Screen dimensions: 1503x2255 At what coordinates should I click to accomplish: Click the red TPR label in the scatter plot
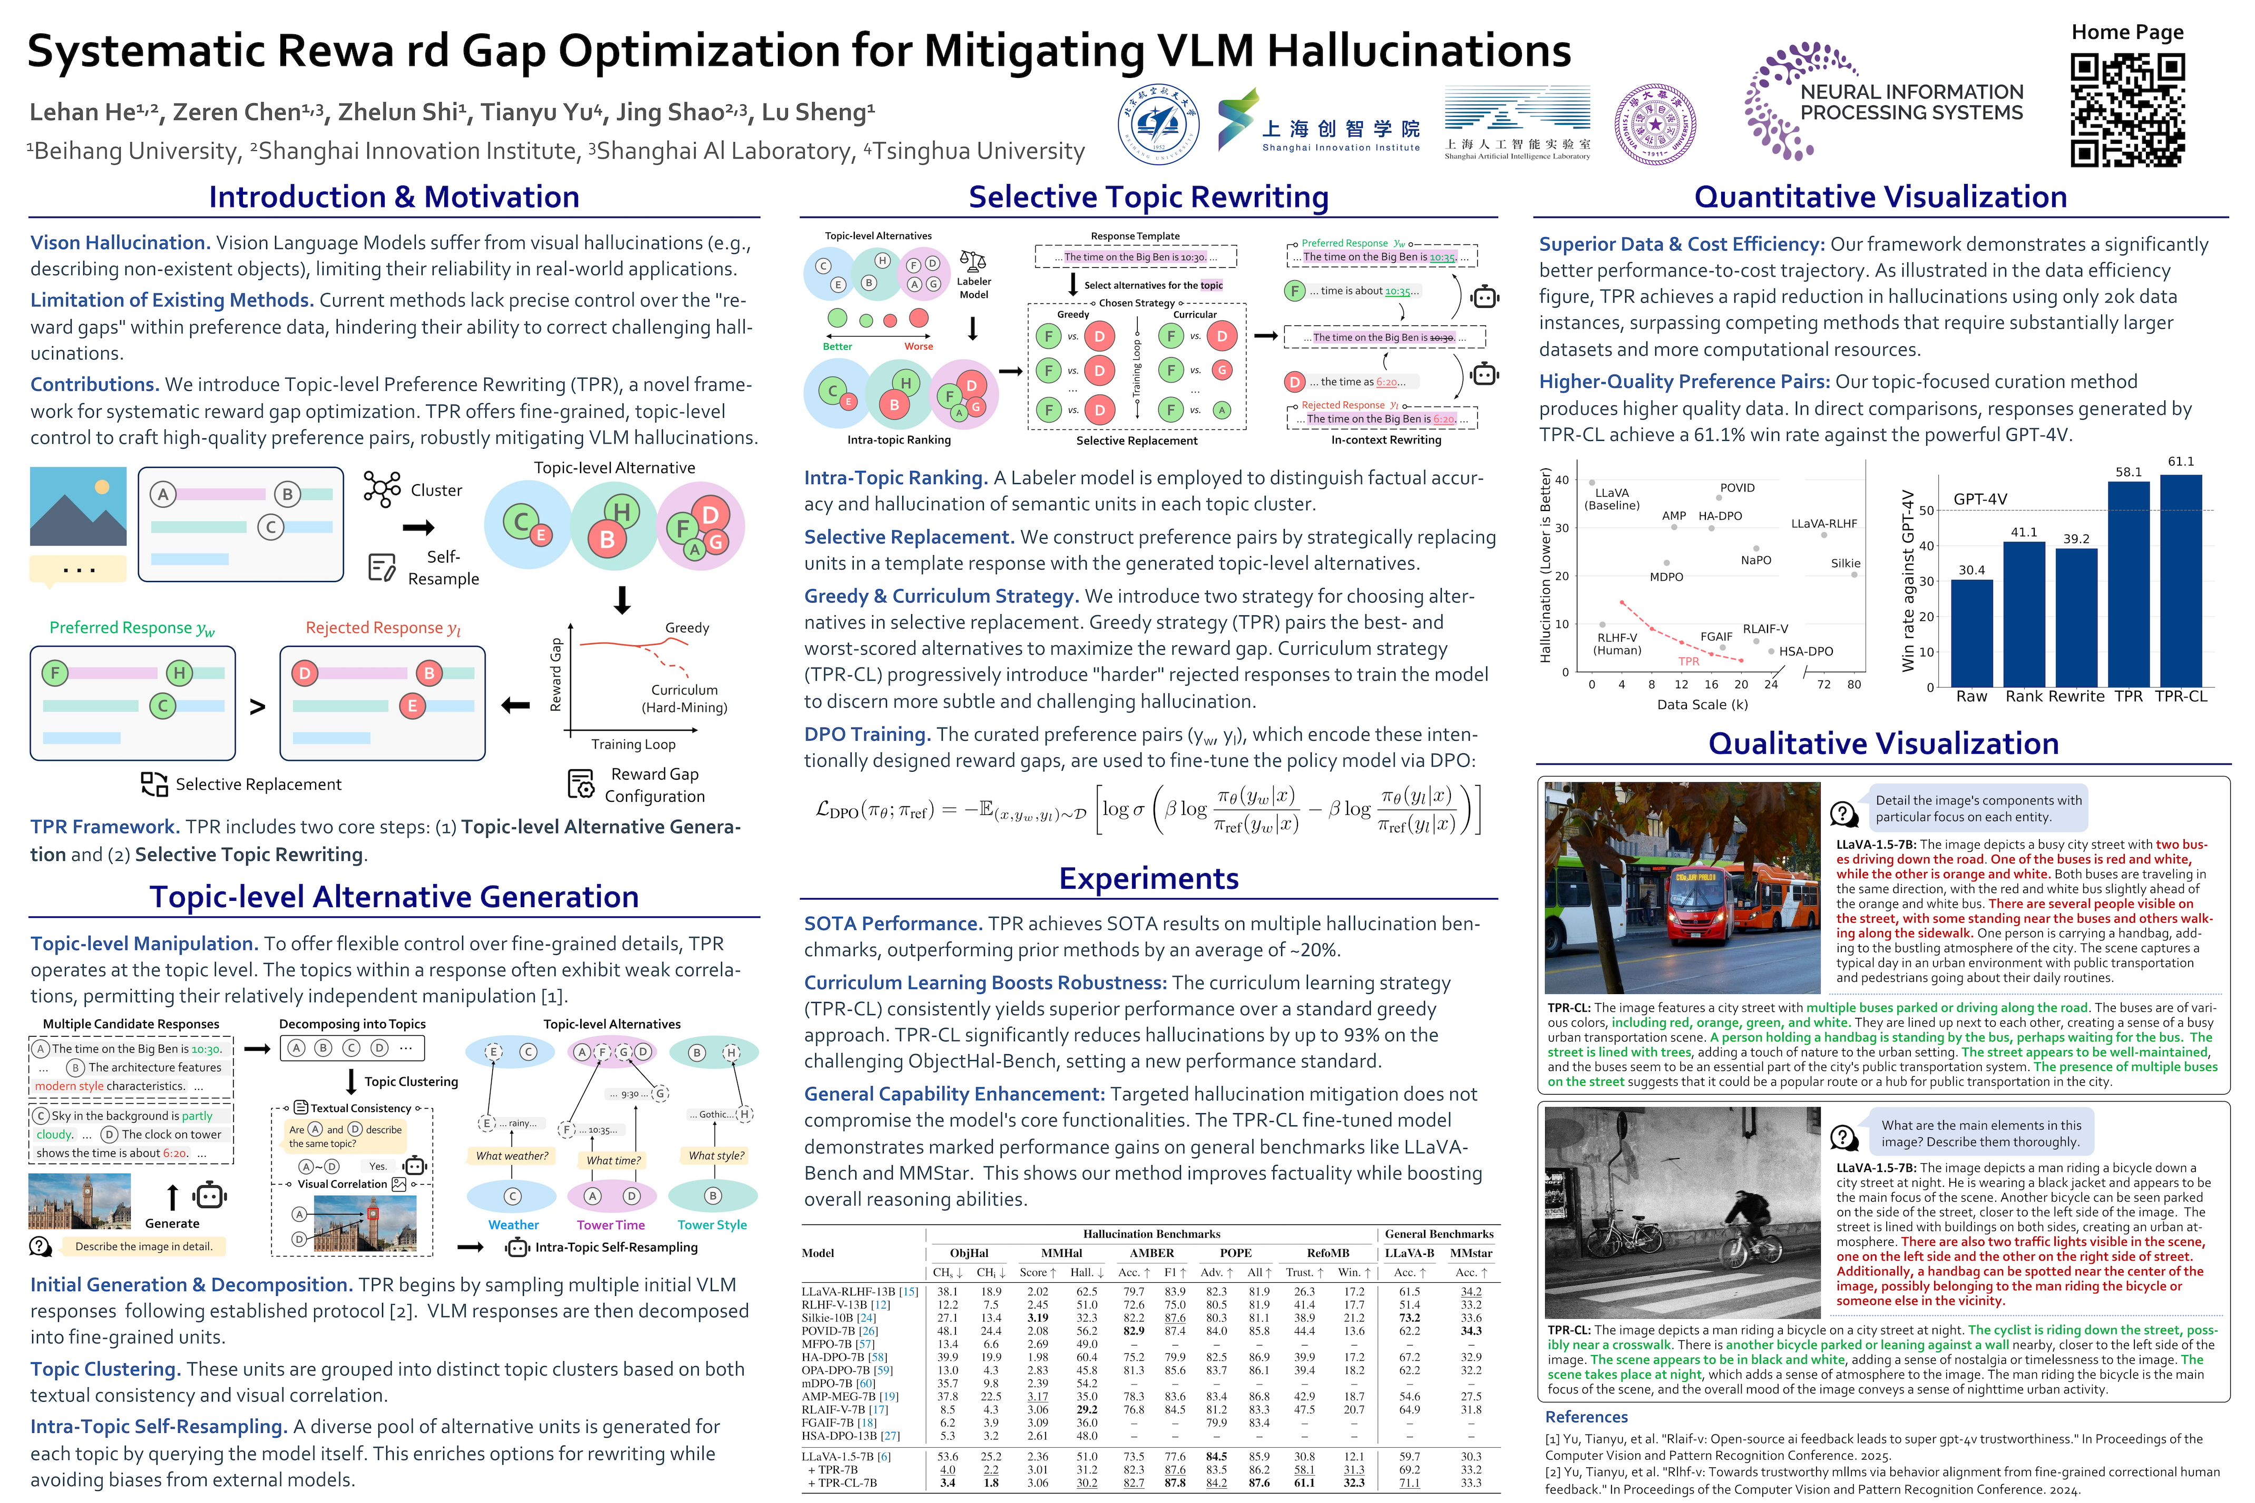coord(1688,661)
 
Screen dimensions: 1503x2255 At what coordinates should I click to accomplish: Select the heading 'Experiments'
coord(1149,878)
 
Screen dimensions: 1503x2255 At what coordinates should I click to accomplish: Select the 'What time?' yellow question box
coord(613,1160)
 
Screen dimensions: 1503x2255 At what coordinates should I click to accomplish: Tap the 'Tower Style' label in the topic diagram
coord(711,1225)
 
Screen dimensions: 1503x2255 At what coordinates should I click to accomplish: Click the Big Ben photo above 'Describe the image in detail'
coord(80,1202)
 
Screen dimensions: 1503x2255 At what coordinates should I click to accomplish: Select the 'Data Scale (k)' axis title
coord(1702,704)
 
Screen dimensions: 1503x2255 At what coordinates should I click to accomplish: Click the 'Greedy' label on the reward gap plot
coord(687,628)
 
